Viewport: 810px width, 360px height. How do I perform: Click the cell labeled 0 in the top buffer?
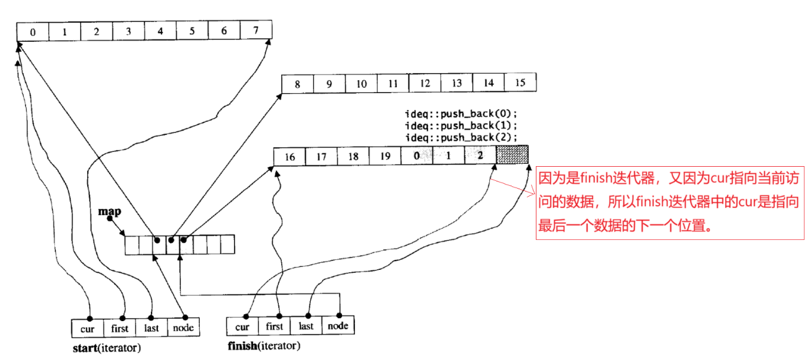click(x=32, y=32)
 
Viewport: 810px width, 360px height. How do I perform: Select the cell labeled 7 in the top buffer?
click(x=255, y=32)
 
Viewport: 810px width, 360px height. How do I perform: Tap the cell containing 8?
click(x=298, y=84)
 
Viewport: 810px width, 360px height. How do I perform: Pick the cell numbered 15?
click(x=520, y=83)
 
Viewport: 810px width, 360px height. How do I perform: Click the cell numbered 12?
click(x=424, y=84)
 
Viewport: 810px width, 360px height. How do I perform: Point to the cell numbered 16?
click(x=289, y=157)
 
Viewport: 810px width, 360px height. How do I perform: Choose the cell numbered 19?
click(x=385, y=157)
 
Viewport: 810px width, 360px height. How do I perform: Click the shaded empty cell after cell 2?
click(x=512, y=156)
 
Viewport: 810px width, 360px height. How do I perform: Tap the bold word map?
click(x=109, y=211)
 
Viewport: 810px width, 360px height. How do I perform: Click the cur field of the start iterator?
click(x=88, y=328)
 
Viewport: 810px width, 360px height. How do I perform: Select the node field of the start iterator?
click(x=184, y=328)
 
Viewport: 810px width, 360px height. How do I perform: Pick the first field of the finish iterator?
click(x=274, y=326)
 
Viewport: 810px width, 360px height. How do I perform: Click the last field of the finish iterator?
click(x=306, y=326)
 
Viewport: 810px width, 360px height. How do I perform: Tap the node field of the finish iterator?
click(x=338, y=326)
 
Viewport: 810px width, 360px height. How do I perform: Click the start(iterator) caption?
click(x=107, y=347)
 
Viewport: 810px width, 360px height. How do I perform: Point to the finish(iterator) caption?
click(x=263, y=345)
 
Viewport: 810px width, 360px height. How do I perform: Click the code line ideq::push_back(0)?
click(x=460, y=114)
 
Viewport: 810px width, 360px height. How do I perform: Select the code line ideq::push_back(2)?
click(x=460, y=137)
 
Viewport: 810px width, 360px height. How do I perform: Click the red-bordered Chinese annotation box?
click(x=670, y=203)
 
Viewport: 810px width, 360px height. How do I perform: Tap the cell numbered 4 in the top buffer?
click(x=160, y=32)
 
